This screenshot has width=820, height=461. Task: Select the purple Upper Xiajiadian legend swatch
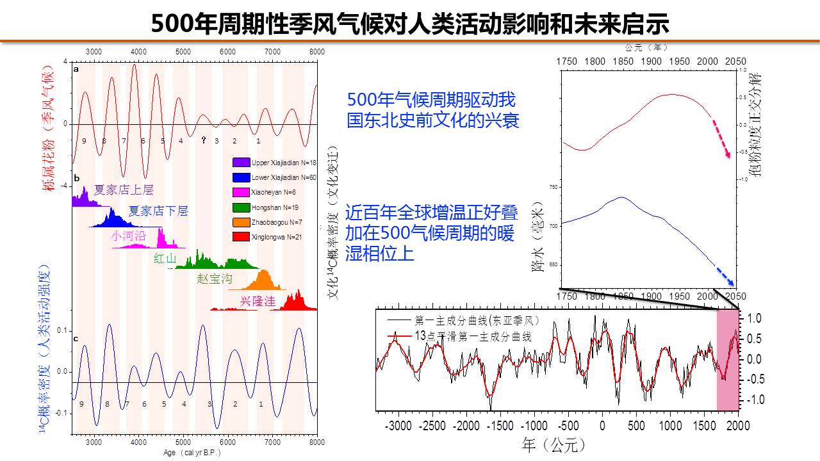[x=242, y=162]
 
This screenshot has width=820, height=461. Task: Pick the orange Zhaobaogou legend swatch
[x=242, y=222]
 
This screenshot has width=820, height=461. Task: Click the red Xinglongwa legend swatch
[x=242, y=237]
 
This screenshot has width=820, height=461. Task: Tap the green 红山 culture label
[x=165, y=259]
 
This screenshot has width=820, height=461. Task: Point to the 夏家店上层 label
[x=124, y=190]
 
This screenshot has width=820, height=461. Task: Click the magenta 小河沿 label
[x=128, y=236]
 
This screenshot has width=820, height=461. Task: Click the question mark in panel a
[x=204, y=140]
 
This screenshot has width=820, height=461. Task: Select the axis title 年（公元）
[x=554, y=443]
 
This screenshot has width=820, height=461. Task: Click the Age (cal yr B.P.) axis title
[x=193, y=453]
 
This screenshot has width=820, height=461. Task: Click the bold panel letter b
[x=77, y=178]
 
